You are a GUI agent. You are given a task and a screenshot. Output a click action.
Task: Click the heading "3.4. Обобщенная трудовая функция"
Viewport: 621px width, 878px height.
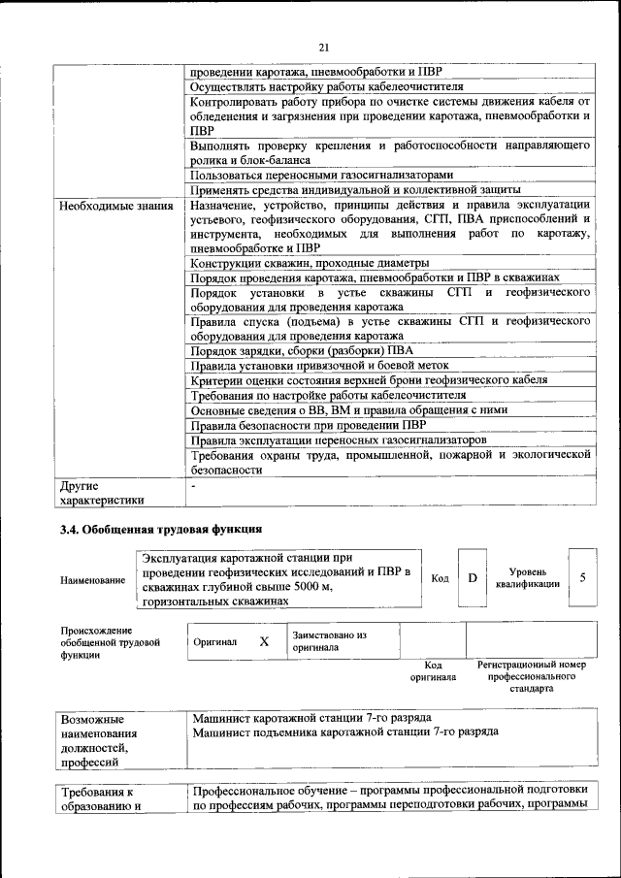pos(161,529)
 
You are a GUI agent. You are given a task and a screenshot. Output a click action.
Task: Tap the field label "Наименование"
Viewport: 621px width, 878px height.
pos(92,580)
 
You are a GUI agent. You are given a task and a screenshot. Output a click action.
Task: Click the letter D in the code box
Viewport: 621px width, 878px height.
pos(473,578)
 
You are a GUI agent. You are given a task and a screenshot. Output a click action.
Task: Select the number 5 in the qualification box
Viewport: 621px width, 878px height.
pos(582,577)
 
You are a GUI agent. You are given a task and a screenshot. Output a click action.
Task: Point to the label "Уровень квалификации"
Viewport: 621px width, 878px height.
pos(527,578)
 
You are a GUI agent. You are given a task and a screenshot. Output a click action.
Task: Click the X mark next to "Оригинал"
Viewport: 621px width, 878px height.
pos(264,641)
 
